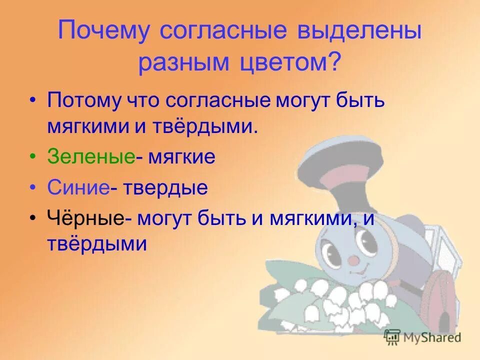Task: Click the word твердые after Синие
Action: [x=165, y=188]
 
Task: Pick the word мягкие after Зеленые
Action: [x=180, y=157]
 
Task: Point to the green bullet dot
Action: [x=33, y=157]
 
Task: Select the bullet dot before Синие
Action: [x=33, y=188]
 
